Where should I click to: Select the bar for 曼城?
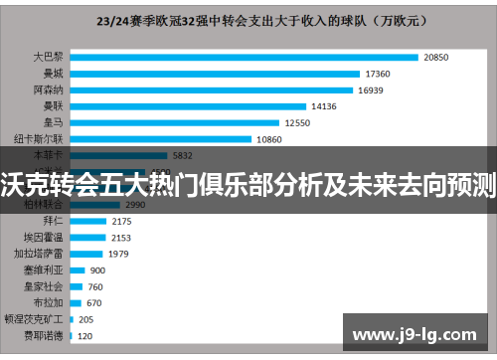click(x=216, y=74)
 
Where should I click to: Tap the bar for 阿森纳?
click(x=212, y=90)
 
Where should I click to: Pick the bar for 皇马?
click(x=175, y=122)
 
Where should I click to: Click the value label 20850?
click(x=436, y=58)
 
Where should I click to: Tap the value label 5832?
click(x=183, y=155)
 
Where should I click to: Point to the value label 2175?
click(x=121, y=221)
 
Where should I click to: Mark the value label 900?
click(x=97, y=270)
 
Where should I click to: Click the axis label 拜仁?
click(x=53, y=221)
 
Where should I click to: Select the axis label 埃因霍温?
click(x=45, y=237)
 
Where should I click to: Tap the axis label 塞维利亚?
click(x=45, y=270)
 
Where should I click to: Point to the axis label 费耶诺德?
click(x=45, y=335)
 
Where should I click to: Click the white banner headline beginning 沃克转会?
click(x=248, y=184)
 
